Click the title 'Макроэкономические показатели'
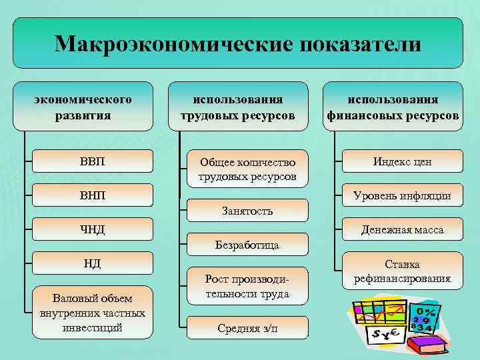pos(238,43)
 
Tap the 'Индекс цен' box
pos(402,161)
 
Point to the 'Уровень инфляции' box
pos(402,196)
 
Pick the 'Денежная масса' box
pos(402,230)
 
